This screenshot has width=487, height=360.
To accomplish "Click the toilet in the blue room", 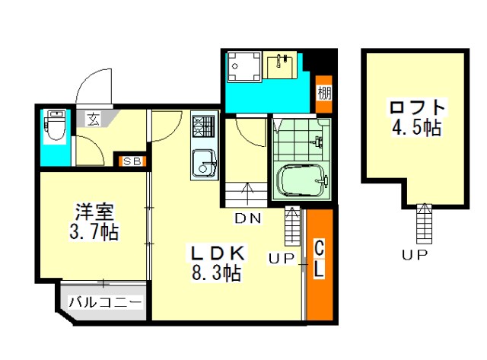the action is click(56, 126).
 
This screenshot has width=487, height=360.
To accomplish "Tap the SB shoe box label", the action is click(132, 161).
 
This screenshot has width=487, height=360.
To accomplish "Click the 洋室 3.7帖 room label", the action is click(94, 221).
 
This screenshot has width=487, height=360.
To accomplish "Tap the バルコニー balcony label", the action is click(105, 301).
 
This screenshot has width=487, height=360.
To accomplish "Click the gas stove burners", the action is click(203, 126).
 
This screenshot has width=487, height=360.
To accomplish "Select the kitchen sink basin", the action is click(204, 164).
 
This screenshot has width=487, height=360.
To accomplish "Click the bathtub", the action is click(301, 180).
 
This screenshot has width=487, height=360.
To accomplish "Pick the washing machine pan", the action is click(244, 66).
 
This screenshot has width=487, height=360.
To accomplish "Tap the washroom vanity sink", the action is click(280, 66).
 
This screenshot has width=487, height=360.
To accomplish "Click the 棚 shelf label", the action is click(324, 93).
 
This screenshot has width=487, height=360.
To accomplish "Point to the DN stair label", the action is click(248, 218).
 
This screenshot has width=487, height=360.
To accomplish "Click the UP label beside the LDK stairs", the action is click(282, 259).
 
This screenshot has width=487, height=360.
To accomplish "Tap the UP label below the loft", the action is click(415, 255).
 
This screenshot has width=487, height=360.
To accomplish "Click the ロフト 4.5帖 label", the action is click(418, 117).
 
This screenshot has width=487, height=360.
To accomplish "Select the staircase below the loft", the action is click(425, 224).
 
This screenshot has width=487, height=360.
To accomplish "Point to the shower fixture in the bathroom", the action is click(318, 141).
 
